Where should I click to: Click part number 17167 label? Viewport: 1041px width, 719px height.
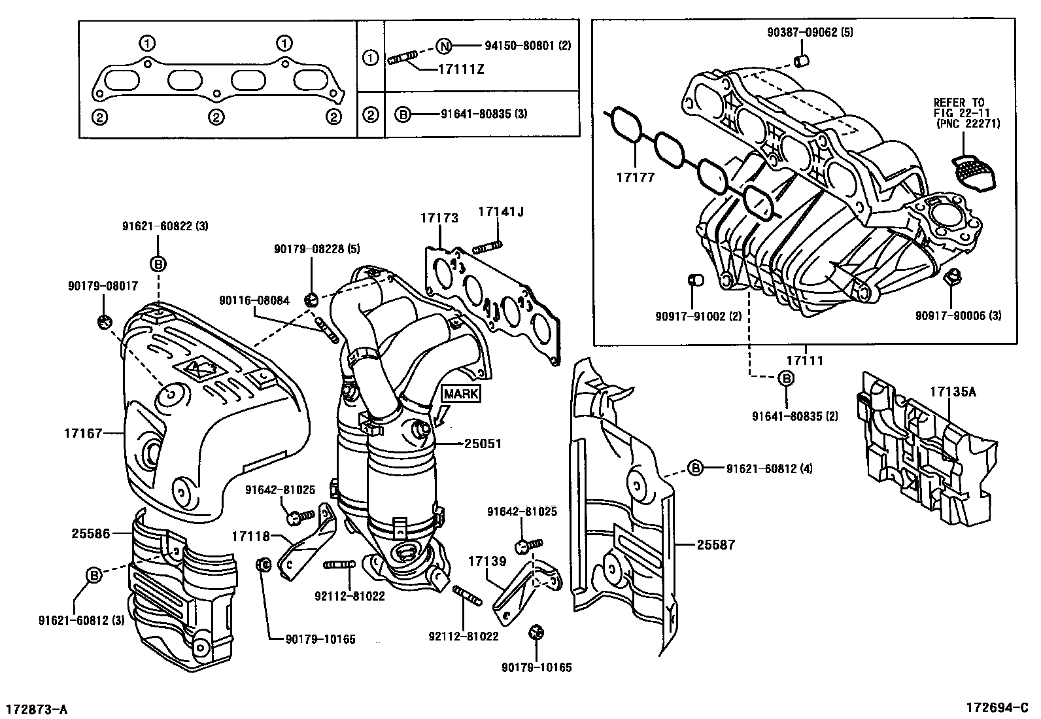point(83,432)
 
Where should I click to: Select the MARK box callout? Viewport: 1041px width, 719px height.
point(462,394)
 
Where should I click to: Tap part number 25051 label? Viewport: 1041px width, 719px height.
point(483,444)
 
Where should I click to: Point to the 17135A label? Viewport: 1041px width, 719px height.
point(953,392)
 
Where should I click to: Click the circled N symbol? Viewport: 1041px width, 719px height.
point(444,46)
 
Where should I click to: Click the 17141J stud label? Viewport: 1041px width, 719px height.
point(500,211)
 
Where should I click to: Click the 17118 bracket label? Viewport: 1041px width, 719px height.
point(250,536)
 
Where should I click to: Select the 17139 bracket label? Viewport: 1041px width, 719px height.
point(487,561)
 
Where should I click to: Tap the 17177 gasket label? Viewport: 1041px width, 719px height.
point(635,177)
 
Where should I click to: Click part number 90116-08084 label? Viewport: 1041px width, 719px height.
point(254,300)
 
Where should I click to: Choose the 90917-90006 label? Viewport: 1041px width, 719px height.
point(958,316)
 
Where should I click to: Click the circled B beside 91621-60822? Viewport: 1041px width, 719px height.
point(158,264)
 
